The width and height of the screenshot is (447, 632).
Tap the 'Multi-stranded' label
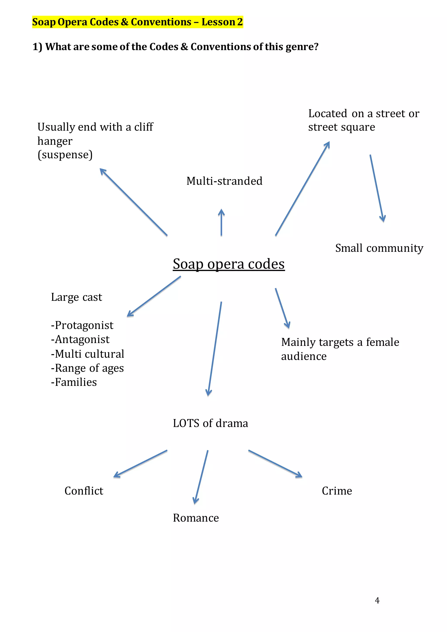coord(224,181)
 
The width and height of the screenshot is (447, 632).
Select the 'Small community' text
coord(379,248)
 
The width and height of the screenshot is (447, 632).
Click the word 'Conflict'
coord(84,491)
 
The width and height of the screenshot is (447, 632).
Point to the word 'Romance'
coord(196,518)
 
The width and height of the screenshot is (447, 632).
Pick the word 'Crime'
coord(337,491)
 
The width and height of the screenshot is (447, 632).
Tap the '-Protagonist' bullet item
coord(82,325)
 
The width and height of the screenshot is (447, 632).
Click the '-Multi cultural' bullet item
coord(88,354)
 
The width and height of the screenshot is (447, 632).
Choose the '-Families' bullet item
coord(74,382)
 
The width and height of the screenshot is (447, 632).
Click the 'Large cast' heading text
coord(76,297)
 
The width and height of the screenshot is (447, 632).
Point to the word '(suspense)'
coord(65,155)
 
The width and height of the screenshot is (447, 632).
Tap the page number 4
coord(377,601)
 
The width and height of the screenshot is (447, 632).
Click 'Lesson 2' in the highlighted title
coord(222,22)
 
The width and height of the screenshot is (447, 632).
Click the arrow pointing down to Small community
coord(377,189)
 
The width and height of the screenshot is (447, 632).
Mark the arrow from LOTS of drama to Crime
coord(275,464)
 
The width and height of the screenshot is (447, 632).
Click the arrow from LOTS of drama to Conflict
coord(141,464)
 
